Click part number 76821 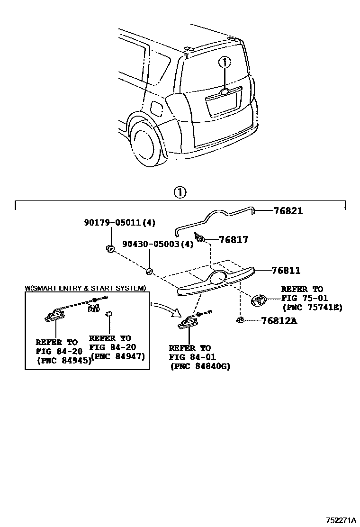[288, 211]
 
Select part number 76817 [234, 240]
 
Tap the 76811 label [286, 271]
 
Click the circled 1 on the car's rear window [224, 62]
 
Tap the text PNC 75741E [312, 308]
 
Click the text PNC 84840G [199, 366]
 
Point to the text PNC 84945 [63, 360]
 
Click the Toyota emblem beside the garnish [259, 300]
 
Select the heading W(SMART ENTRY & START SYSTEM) [85, 288]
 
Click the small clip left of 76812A [240, 321]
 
